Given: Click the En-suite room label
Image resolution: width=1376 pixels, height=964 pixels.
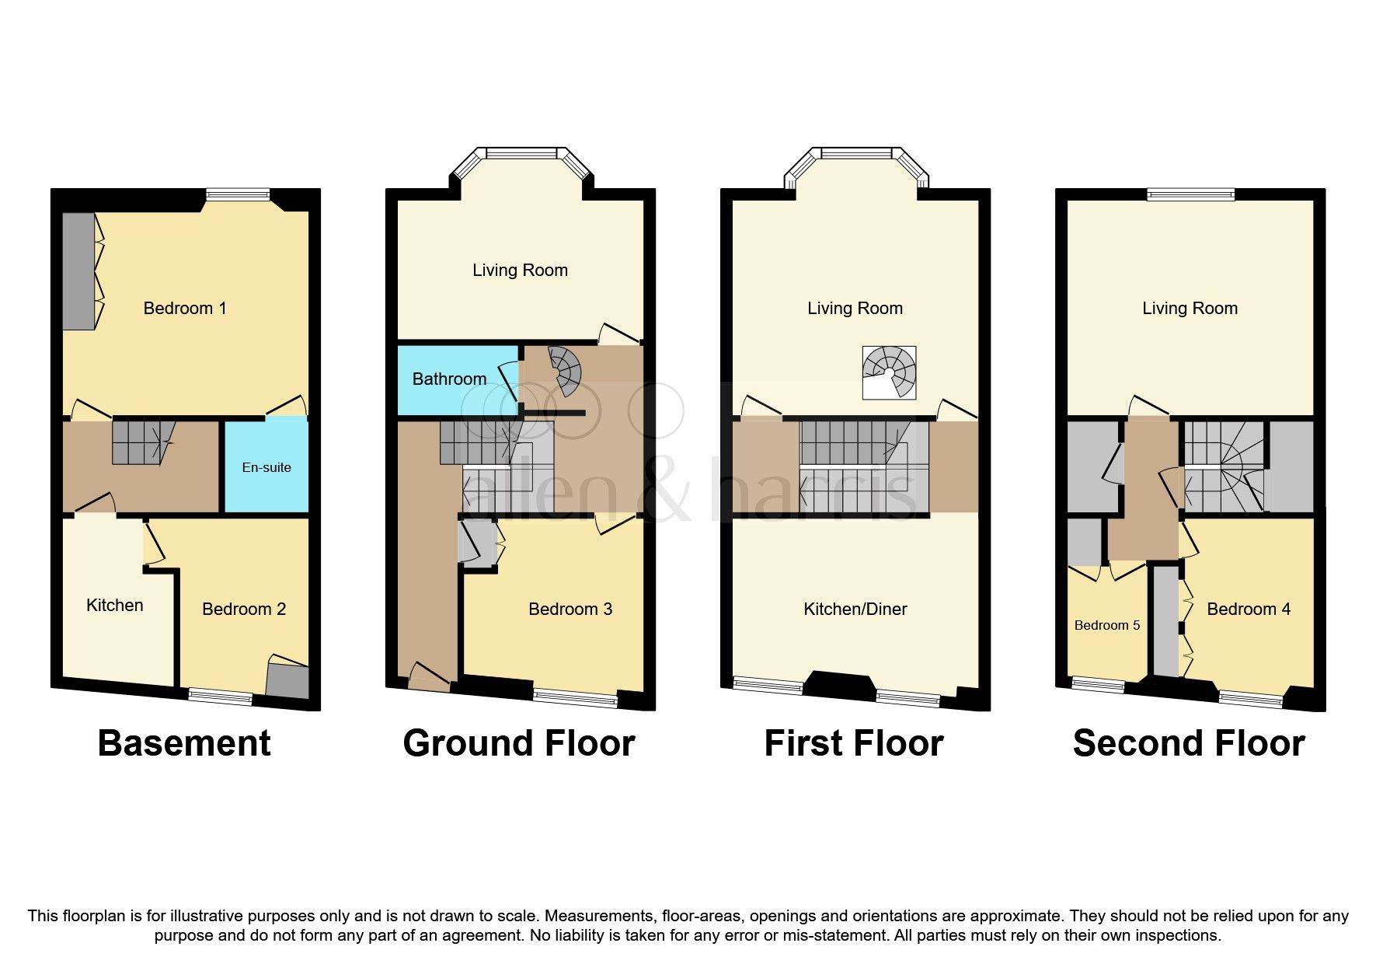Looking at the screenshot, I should click(266, 467).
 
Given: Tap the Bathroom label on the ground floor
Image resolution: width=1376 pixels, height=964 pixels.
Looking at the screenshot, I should click(449, 379).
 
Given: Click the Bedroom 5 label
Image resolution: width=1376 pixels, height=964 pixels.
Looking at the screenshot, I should click(1106, 625).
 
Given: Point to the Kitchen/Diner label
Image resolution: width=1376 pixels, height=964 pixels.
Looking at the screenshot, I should click(855, 609).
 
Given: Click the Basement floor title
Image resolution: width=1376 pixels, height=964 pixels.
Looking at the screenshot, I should click(184, 743).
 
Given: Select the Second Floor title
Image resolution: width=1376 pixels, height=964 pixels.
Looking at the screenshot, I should click(1189, 743).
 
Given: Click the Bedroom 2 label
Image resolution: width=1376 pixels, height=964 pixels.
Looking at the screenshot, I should click(244, 609).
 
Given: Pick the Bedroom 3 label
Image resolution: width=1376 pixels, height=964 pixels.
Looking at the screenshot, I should click(570, 609).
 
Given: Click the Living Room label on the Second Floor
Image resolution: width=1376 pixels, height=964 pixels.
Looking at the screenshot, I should click(1190, 309).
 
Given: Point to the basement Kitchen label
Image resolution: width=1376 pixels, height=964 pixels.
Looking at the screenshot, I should click(114, 606).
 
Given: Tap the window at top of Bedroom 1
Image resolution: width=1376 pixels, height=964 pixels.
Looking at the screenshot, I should click(237, 194).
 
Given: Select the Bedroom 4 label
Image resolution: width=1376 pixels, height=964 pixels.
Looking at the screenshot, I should click(1249, 609).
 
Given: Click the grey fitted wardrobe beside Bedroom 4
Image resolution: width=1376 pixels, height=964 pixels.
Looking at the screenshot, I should click(1165, 622).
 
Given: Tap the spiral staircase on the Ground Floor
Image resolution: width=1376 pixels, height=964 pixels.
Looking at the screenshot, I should click(566, 369).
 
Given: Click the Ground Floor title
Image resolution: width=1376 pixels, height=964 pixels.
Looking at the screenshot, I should click(519, 743).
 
